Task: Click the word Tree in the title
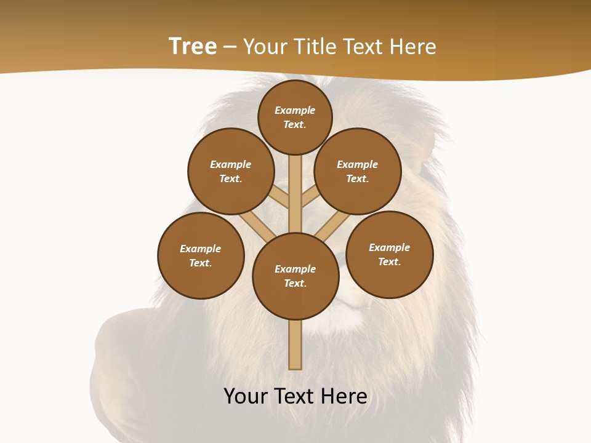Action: pos(193,46)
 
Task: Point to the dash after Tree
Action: pos(230,47)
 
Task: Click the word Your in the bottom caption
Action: pos(246,396)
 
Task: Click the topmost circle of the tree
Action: pos(295,117)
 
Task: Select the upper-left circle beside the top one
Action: pos(230,171)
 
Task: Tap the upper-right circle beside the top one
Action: pos(358,171)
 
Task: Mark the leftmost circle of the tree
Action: pos(201,255)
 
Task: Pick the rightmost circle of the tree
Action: pos(389,254)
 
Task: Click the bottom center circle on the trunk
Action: pos(295,276)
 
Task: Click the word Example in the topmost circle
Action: pos(295,110)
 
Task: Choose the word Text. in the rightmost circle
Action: pos(389,261)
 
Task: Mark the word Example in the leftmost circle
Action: pos(201,249)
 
